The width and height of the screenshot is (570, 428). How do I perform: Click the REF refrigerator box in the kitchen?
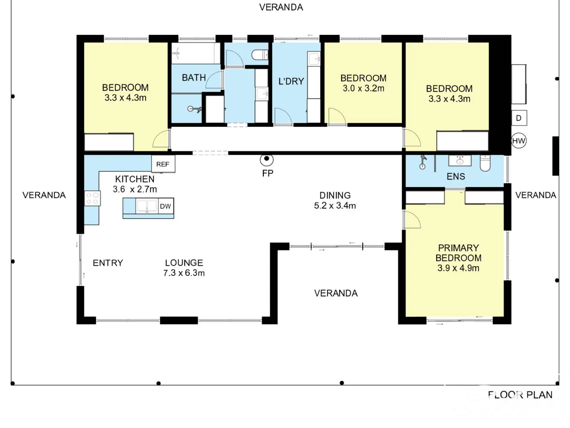163,164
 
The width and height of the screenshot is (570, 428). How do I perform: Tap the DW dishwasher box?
166,206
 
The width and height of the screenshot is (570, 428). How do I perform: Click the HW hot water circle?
519,141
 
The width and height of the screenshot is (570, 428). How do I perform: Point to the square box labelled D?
519,118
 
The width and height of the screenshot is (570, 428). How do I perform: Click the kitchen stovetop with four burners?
92,198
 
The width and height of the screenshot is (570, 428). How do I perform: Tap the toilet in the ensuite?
485,163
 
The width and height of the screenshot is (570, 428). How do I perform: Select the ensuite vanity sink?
460,161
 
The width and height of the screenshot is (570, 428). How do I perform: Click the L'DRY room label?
291,81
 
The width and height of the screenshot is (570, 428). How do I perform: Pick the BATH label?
194,78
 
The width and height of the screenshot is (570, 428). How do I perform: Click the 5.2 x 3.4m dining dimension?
335,205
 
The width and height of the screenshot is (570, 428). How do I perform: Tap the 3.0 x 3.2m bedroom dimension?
363,88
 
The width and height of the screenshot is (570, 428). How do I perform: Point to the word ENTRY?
108,263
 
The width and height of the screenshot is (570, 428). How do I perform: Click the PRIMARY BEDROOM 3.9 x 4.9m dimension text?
458,268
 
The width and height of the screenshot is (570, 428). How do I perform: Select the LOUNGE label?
184,263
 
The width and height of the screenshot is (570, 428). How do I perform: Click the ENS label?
456,177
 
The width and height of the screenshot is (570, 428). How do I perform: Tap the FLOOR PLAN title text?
520,395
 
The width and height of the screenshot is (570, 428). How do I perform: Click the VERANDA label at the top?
281,7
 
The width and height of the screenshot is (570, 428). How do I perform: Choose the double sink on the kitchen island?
147,206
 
